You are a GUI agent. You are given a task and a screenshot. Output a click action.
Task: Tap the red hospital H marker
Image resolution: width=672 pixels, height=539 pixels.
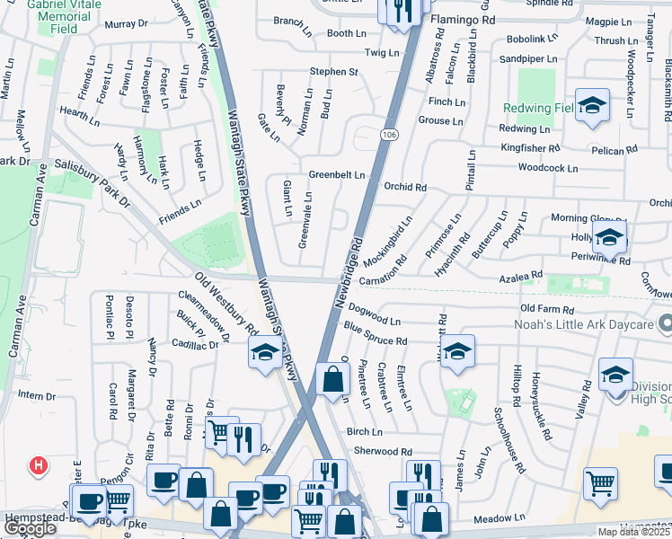tap(39, 465)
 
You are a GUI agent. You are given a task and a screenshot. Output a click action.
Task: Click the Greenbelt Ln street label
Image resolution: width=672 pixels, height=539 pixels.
tap(337, 174)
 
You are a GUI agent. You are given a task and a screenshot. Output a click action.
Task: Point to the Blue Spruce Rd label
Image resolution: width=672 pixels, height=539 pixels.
tap(376, 341)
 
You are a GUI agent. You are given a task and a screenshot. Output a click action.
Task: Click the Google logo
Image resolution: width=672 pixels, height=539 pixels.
tap(30, 528)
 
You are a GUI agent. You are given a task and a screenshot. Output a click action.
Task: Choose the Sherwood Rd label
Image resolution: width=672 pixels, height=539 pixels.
tap(383, 451)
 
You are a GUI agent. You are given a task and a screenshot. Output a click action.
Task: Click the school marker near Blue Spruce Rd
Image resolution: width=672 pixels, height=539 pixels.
tap(457, 353)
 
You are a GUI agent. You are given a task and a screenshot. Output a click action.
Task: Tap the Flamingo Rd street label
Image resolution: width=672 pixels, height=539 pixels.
tap(463, 18)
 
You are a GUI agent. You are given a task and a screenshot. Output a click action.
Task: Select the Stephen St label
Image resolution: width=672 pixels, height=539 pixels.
tap(334, 71)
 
